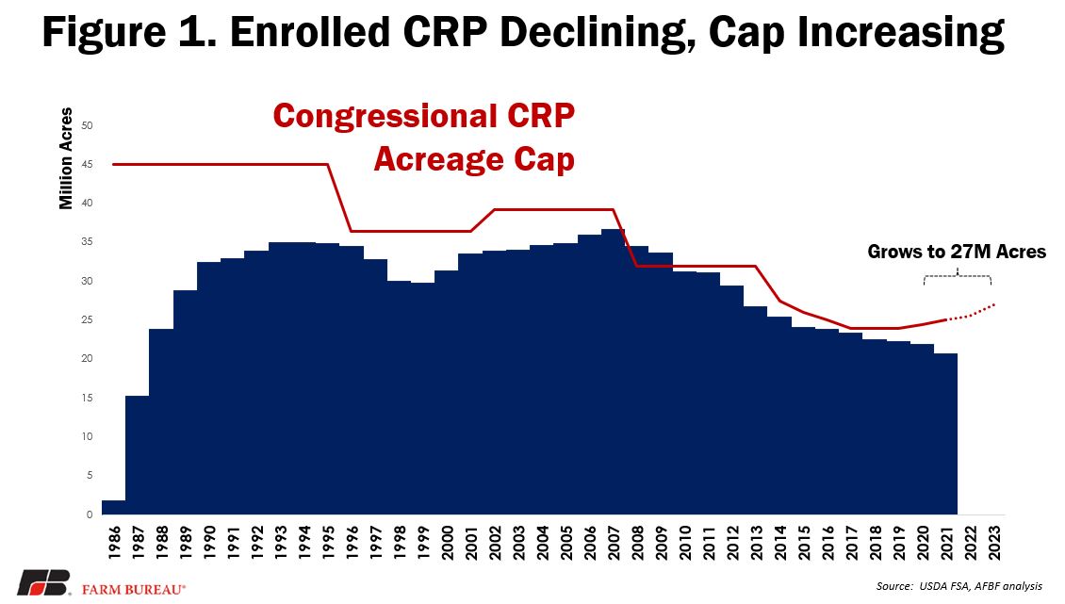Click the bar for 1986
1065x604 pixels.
click(113, 507)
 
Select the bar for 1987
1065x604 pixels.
click(138, 454)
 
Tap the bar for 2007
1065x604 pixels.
click(614, 371)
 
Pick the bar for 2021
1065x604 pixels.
click(946, 433)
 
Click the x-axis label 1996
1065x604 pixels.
click(352, 543)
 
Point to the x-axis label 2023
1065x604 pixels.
click(994, 543)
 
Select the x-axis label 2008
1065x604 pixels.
click(637, 543)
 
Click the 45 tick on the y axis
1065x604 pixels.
click(88, 164)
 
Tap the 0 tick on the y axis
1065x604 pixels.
click(90, 514)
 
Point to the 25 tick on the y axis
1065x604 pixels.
click(88, 320)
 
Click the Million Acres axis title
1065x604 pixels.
click(66, 158)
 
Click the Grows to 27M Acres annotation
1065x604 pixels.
click(957, 253)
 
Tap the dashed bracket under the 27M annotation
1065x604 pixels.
click(957, 276)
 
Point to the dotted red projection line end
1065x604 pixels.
click(995, 303)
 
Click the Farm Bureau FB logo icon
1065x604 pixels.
click(44, 583)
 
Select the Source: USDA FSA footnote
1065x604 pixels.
click(959, 586)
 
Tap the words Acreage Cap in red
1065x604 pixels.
click(474, 159)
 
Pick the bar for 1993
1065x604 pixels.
click(281, 378)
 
